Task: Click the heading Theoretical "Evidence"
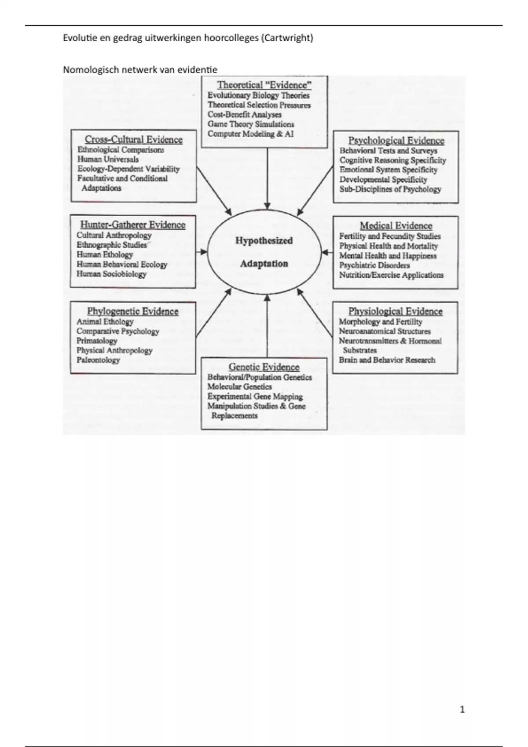pyautogui.click(x=264, y=85)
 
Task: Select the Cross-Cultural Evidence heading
pyautogui.click(x=133, y=140)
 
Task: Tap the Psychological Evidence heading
pyautogui.click(x=396, y=141)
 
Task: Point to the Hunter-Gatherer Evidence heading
pyautogui.click(x=132, y=225)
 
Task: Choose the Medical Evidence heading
pyautogui.click(x=396, y=226)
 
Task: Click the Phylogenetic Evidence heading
pyautogui.click(x=132, y=312)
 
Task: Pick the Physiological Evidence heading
pyautogui.click(x=395, y=312)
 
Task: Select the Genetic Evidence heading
pyautogui.click(x=264, y=367)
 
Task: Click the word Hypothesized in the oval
pyautogui.click(x=264, y=241)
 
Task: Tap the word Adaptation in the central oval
pyautogui.click(x=264, y=264)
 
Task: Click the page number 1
pyautogui.click(x=462, y=709)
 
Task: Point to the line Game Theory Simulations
pyautogui.click(x=250, y=124)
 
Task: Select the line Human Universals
pyautogui.click(x=108, y=160)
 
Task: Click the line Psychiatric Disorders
pyautogui.click(x=374, y=265)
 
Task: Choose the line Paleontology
pyautogui.click(x=98, y=360)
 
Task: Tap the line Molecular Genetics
pyautogui.click(x=239, y=387)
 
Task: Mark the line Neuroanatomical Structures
pyautogui.click(x=385, y=331)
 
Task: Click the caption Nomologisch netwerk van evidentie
pyautogui.click(x=140, y=69)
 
